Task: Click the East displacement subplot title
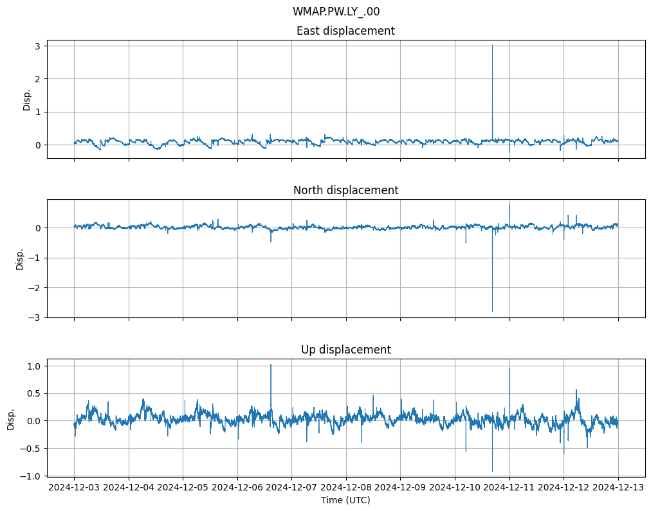point(345,31)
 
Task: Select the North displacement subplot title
point(345,190)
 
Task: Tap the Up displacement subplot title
point(345,350)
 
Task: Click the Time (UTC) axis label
point(345,499)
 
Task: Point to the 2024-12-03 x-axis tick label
point(74,487)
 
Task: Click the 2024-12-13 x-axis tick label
point(618,487)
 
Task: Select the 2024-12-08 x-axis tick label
point(346,487)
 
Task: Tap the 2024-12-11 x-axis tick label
point(509,487)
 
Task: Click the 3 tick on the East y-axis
point(39,46)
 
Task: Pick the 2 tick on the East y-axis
point(39,79)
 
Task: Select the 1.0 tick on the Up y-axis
point(33,366)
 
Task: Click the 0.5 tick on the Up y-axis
point(33,393)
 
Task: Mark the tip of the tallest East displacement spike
point(493,45)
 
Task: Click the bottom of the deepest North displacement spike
point(493,312)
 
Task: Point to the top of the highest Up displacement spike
point(271,364)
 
